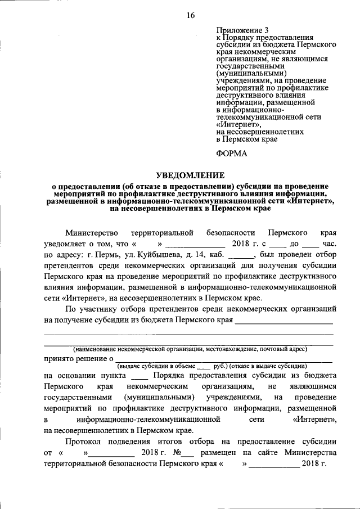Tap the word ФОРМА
click(x=232, y=152)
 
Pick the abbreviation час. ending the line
click(x=330, y=244)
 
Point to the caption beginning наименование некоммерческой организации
click(x=188, y=349)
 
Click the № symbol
click(x=179, y=453)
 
